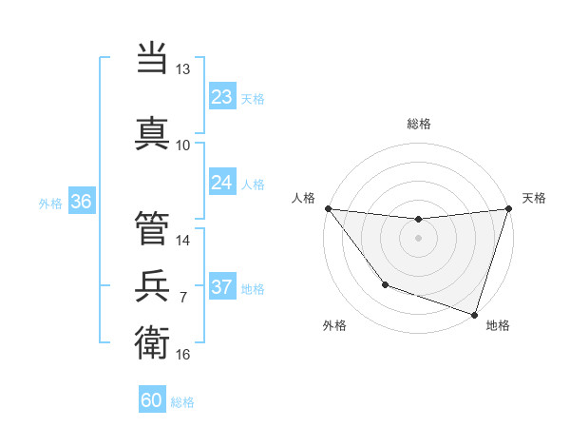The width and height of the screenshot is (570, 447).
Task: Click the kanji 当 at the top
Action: tap(152, 59)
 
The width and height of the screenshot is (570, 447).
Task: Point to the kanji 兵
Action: tap(152, 284)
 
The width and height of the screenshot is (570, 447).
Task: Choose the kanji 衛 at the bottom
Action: tap(152, 340)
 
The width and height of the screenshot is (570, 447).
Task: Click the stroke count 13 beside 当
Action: tap(183, 69)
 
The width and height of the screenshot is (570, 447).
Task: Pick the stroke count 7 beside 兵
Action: tap(183, 297)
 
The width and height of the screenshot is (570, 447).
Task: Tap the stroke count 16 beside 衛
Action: tap(183, 354)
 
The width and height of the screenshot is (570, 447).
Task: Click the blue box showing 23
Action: tap(222, 97)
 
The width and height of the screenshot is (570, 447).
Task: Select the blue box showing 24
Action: tap(222, 183)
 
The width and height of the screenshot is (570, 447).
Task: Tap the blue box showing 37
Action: tap(222, 287)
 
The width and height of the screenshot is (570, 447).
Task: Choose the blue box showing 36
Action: tap(81, 202)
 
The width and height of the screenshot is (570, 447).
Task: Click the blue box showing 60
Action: tap(152, 400)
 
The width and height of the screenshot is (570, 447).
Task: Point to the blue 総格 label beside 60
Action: tap(183, 402)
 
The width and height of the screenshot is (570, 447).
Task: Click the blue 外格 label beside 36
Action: tap(50, 203)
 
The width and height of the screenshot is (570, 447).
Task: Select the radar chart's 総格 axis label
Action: tap(418, 124)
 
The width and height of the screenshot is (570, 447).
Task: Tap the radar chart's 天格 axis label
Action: tap(535, 198)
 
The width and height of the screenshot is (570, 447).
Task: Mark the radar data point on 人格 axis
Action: tap(328, 208)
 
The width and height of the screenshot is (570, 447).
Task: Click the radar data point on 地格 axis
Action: tap(474, 314)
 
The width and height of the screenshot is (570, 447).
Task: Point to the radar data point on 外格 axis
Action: tap(385, 283)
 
